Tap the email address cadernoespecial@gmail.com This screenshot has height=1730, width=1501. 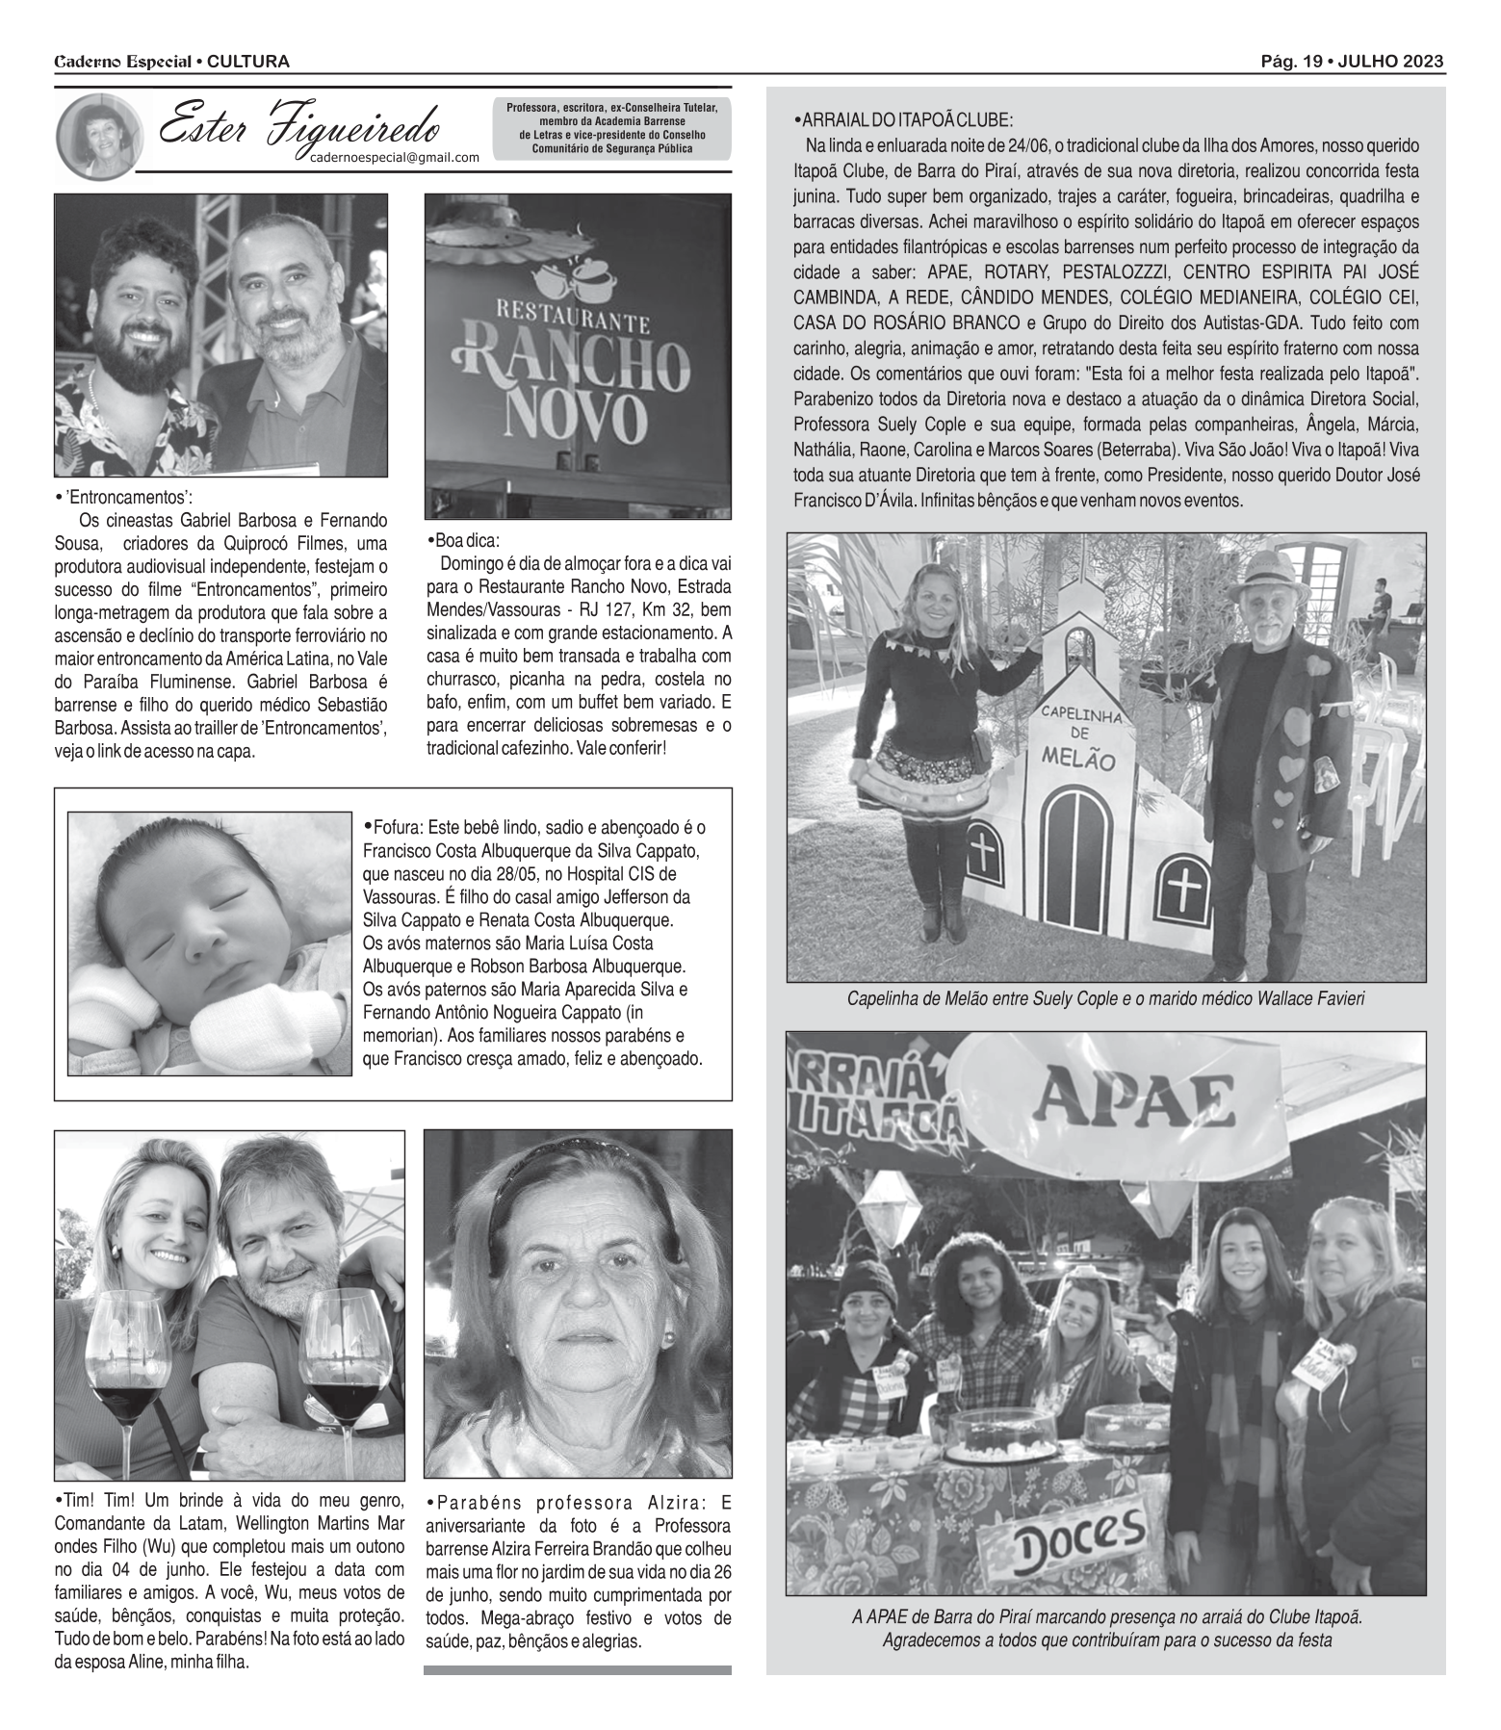394,159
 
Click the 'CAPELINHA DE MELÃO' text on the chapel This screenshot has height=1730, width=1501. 1076,736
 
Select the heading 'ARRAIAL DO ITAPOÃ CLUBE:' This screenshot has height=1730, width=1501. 902,120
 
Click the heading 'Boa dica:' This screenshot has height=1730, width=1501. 464,540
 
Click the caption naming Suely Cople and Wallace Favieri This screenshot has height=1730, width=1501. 1105,999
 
